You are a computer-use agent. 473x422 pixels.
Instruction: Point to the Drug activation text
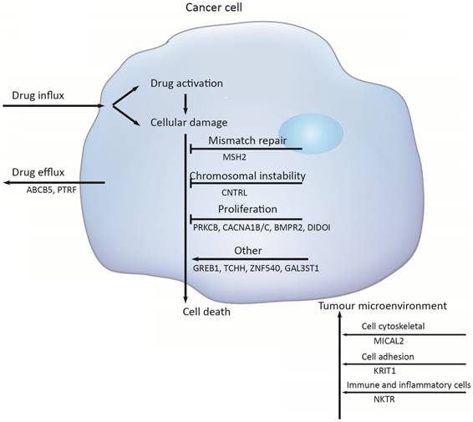tap(191, 84)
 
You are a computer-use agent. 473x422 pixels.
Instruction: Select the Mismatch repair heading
tap(243, 140)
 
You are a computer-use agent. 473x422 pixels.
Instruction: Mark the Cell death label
tap(206, 312)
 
